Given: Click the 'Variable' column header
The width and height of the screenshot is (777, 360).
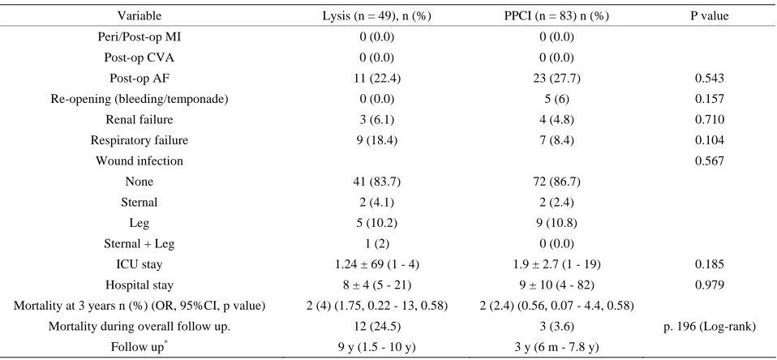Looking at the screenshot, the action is click(140, 16).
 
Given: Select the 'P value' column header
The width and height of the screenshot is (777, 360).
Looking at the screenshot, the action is click(710, 16).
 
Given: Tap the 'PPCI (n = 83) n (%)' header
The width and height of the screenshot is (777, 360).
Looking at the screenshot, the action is click(556, 16).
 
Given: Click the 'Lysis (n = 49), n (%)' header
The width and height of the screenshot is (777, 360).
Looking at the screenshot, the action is click(377, 16).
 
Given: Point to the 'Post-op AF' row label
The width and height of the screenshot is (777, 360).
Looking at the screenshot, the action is click(140, 78).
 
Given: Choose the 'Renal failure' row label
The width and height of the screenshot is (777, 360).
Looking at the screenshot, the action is click(140, 119).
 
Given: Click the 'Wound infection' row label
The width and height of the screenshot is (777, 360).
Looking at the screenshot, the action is click(140, 161).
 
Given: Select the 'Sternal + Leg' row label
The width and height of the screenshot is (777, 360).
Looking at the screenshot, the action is click(140, 243).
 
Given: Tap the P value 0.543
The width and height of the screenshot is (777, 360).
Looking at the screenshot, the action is click(710, 78).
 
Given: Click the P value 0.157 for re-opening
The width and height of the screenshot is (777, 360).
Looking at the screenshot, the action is click(710, 99).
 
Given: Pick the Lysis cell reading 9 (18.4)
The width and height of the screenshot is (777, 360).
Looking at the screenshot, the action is click(377, 140).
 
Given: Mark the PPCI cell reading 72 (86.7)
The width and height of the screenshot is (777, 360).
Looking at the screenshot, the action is click(556, 182).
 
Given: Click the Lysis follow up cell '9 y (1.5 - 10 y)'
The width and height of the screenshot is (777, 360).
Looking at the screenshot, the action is click(377, 348).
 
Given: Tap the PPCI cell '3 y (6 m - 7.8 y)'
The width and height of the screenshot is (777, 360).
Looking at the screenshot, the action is click(556, 348).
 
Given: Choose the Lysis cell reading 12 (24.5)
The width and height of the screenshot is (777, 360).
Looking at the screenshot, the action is click(377, 327).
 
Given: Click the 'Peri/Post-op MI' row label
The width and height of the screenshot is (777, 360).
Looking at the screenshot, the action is click(140, 36).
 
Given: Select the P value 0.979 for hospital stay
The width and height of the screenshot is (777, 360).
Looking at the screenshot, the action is click(710, 285).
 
